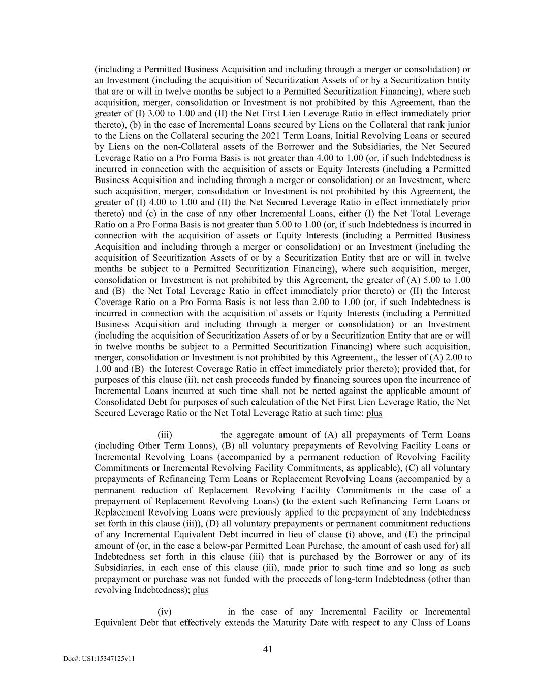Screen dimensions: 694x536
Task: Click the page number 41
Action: pyautogui.click(x=268, y=649)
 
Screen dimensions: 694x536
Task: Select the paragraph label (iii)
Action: pyautogui.click(x=165, y=435)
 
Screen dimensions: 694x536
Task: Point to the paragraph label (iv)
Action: pyautogui.click(x=165, y=612)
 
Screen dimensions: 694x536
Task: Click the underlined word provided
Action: pyautogui.click(x=419, y=369)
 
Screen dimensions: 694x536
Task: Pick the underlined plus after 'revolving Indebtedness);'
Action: pyautogui.click(x=201, y=590)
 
